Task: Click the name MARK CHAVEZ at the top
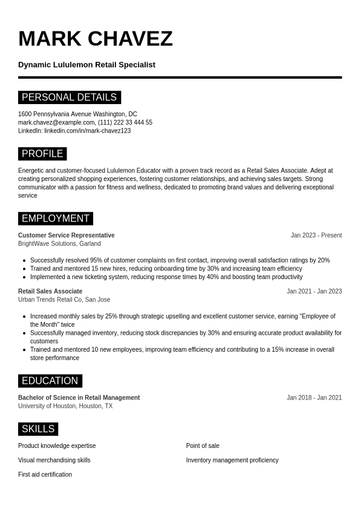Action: [x=96, y=39]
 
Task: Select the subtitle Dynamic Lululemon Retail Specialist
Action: [x=87, y=65]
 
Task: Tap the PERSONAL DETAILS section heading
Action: [x=69, y=97]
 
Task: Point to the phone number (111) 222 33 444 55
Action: [x=125, y=122]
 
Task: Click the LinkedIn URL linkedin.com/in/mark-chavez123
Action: [x=87, y=131]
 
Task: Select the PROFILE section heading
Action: [x=42, y=154]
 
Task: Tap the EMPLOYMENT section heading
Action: [x=55, y=218]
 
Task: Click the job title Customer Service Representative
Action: [x=66, y=235]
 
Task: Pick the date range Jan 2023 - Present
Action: [x=316, y=235]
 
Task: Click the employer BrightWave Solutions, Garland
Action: [x=59, y=244]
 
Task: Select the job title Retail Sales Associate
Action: [x=50, y=291]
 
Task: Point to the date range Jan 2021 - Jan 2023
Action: [x=314, y=291]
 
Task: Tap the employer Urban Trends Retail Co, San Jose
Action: [x=64, y=300]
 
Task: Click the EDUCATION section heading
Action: [x=50, y=381]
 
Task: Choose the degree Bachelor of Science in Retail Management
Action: [x=79, y=398]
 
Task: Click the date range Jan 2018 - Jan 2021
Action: [x=314, y=398]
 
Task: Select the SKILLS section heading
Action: [x=38, y=429]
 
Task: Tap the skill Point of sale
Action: [x=203, y=446]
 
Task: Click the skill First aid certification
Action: [x=45, y=475]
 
